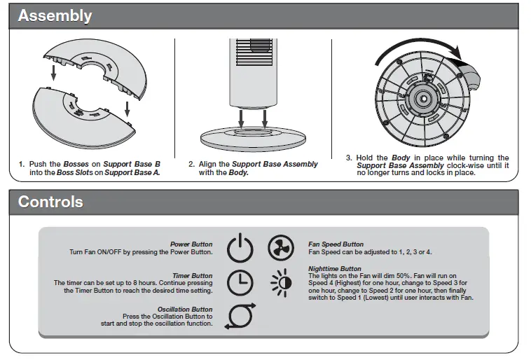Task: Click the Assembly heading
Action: tap(55, 15)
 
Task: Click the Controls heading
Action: tap(50, 202)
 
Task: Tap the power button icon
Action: tap(240, 249)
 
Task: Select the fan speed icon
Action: tap(281, 248)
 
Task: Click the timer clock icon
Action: tap(240, 282)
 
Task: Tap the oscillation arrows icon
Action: tap(240, 316)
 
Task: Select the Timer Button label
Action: tap(192, 276)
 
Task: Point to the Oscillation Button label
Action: tap(185, 310)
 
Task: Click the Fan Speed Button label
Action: tap(336, 244)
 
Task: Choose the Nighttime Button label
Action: tap(335, 268)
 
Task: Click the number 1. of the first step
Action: tap(22, 165)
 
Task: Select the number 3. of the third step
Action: tap(350, 158)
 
